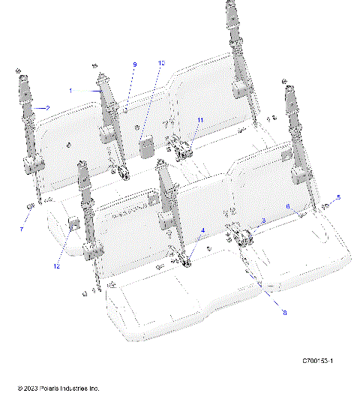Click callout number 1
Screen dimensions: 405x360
point(71,90)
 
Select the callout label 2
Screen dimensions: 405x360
point(48,108)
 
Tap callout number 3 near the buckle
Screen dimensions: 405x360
point(263,220)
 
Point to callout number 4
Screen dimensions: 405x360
point(202,230)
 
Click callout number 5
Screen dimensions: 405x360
point(338,197)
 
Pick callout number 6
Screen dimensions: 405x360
point(287,206)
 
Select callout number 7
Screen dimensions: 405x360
point(21,228)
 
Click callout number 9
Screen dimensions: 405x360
point(135,66)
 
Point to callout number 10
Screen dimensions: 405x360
point(160,64)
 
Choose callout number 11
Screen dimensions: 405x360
point(200,120)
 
